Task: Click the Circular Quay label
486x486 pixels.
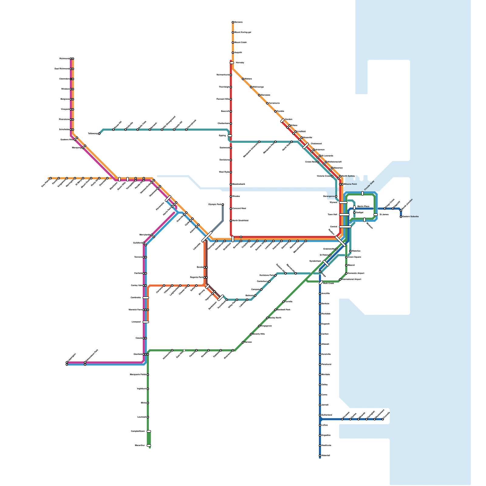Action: pyautogui.click(x=369, y=186)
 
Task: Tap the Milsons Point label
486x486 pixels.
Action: pyautogui.click(x=350, y=184)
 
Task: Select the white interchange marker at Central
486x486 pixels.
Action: pyautogui.click(x=345, y=227)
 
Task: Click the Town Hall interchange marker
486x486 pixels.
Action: pyautogui.click(x=344, y=214)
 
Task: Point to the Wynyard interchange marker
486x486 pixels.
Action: pyautogui.click(x=343, y=202)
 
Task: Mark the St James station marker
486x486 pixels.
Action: pyautogui.click(x=375, y=214)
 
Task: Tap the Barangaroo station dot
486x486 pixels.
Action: pyautogui.click(x=336, y=196)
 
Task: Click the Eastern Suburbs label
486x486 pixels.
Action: pyautogui.click(x=410, y=217)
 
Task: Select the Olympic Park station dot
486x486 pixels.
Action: pyautogui.click(x=223, y=204)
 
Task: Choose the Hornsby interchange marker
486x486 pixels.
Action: pyautogui.click(x=232, y=63)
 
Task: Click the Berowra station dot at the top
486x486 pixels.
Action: pyautogui.click(x=233, y=22)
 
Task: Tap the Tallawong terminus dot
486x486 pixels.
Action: pyautogui.click(x=99, y=134)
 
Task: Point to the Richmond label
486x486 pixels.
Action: pyautogui.click(x=64, y=59)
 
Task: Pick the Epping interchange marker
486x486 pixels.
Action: pyautogui.click(x=230, y=136)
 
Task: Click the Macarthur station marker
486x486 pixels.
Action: pyautogui.click(x=149, y=446)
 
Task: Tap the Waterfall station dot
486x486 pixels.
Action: pyautogui.click(x=320, y=456)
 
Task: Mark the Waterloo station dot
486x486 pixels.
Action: pyautogui.click(x=350, y=251)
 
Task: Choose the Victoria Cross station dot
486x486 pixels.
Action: pyautogui.click(x=332, y=176)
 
